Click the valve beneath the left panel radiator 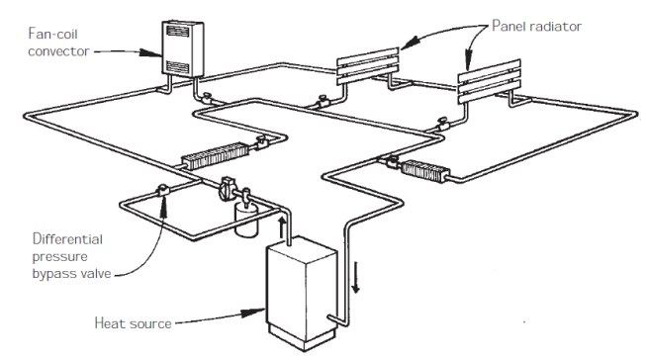[323, 99]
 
